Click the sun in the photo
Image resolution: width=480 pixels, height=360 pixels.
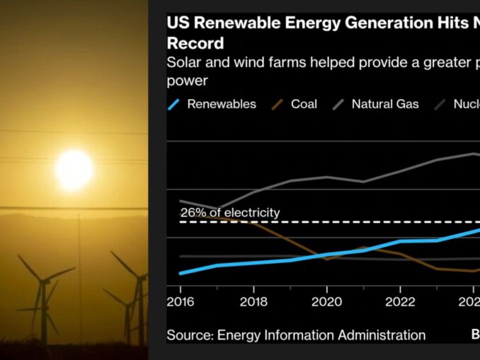[x=74, y=170]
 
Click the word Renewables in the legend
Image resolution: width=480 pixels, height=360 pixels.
[x=221, y=104]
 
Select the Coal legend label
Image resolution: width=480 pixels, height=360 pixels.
[x=304, y=104]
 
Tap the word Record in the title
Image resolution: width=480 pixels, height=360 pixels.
[x=195, y=42]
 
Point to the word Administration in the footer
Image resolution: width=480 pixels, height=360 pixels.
[x=384, y=335]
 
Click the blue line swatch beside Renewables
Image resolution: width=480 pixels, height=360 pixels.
[x=173, y=105]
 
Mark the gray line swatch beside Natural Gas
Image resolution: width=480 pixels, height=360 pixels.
[x=338, y=105]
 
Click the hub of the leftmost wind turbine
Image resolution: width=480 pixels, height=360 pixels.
[x=42, y=281]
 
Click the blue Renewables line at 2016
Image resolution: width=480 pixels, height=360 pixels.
[x=181, y=273]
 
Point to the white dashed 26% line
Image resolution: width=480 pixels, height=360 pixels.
[x=354, y=222]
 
